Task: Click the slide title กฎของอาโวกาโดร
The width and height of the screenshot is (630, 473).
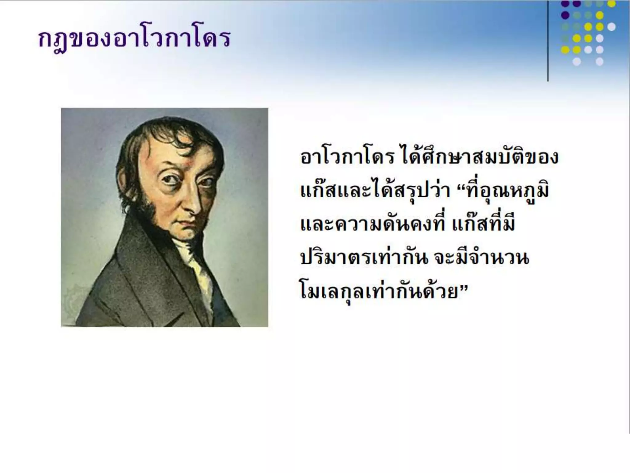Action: click(134, 39)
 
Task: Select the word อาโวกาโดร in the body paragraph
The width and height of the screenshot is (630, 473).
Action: click(347, 157)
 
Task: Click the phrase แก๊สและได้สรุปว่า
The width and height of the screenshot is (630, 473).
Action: click(373, 191)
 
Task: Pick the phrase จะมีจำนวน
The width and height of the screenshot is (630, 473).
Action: click(481, 258)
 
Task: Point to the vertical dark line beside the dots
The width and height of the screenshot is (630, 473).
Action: click(548, 40)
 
